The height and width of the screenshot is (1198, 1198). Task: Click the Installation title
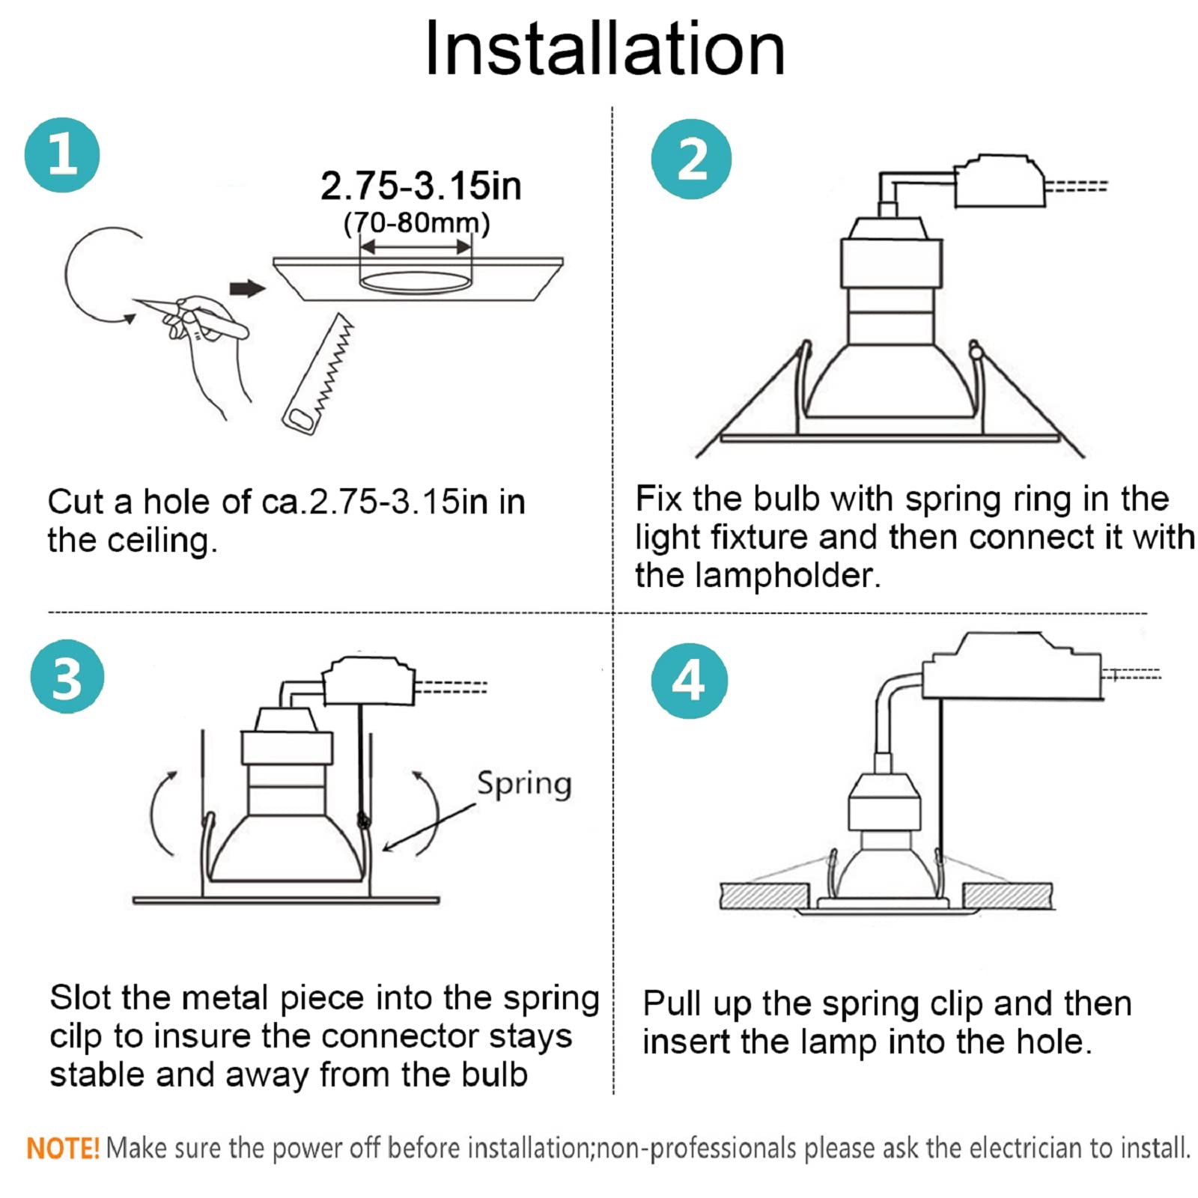(604, 49)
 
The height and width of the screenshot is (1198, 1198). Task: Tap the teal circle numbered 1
(62, 155)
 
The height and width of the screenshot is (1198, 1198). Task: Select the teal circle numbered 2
(691, 159)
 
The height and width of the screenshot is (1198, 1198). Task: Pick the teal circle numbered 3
(67, 678)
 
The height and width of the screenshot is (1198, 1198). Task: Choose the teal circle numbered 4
(689, 681)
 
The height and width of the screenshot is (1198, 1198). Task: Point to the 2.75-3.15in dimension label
(421, 186)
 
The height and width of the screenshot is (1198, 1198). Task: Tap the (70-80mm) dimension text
(416, 224)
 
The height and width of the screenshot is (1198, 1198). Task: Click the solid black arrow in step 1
(247, 288)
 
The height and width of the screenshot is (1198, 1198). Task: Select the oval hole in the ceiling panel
(416, 282)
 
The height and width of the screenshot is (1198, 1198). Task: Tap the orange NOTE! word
(63, 1148)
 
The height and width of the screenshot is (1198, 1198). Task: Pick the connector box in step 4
(1012, 666)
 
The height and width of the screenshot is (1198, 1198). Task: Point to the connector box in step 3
(368, 681)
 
